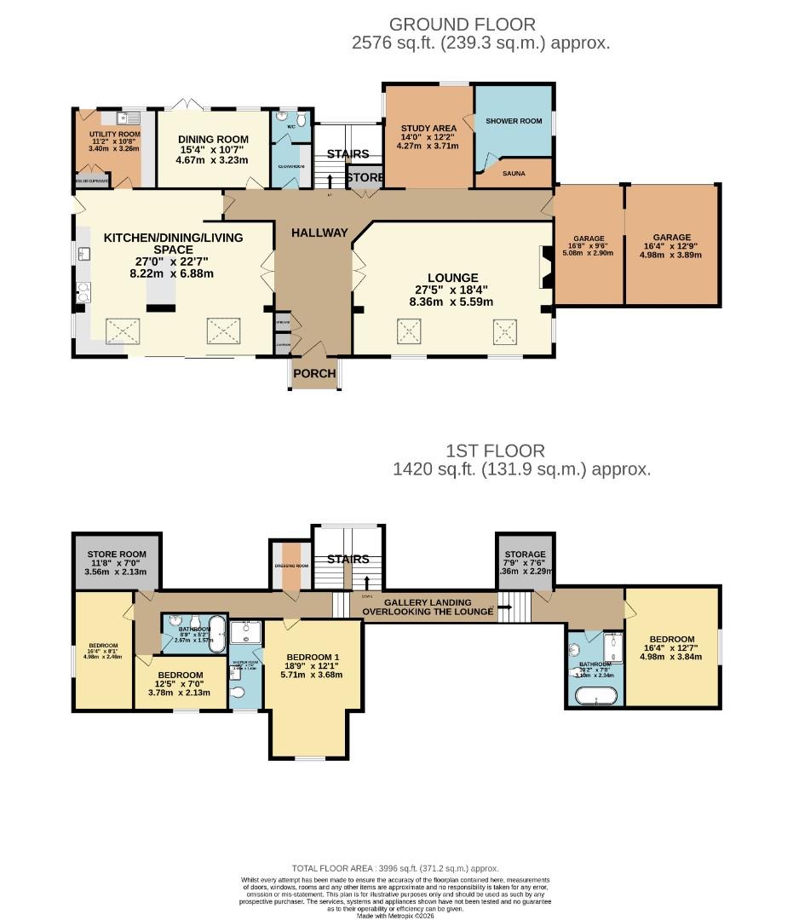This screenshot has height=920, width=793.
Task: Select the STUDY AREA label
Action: [x=428, y=129]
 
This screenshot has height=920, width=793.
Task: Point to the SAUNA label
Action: [x=514, y=173]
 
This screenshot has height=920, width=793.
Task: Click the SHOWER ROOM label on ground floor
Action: [x=514, y=121]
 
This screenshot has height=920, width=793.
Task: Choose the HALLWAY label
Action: [x=319, y=233]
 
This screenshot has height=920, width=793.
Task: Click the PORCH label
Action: [x=313, y=373]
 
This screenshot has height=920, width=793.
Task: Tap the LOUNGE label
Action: [x=452, y=278]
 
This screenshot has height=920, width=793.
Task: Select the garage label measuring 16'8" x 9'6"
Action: [x=589, y=239]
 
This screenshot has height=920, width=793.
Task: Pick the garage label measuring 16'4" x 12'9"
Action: [x=672, y=238]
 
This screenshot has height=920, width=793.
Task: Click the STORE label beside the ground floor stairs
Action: [x=365, y=177]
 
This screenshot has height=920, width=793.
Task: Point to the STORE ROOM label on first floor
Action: [x=116, y=554]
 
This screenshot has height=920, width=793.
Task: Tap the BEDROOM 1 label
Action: [x=313, y=657]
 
